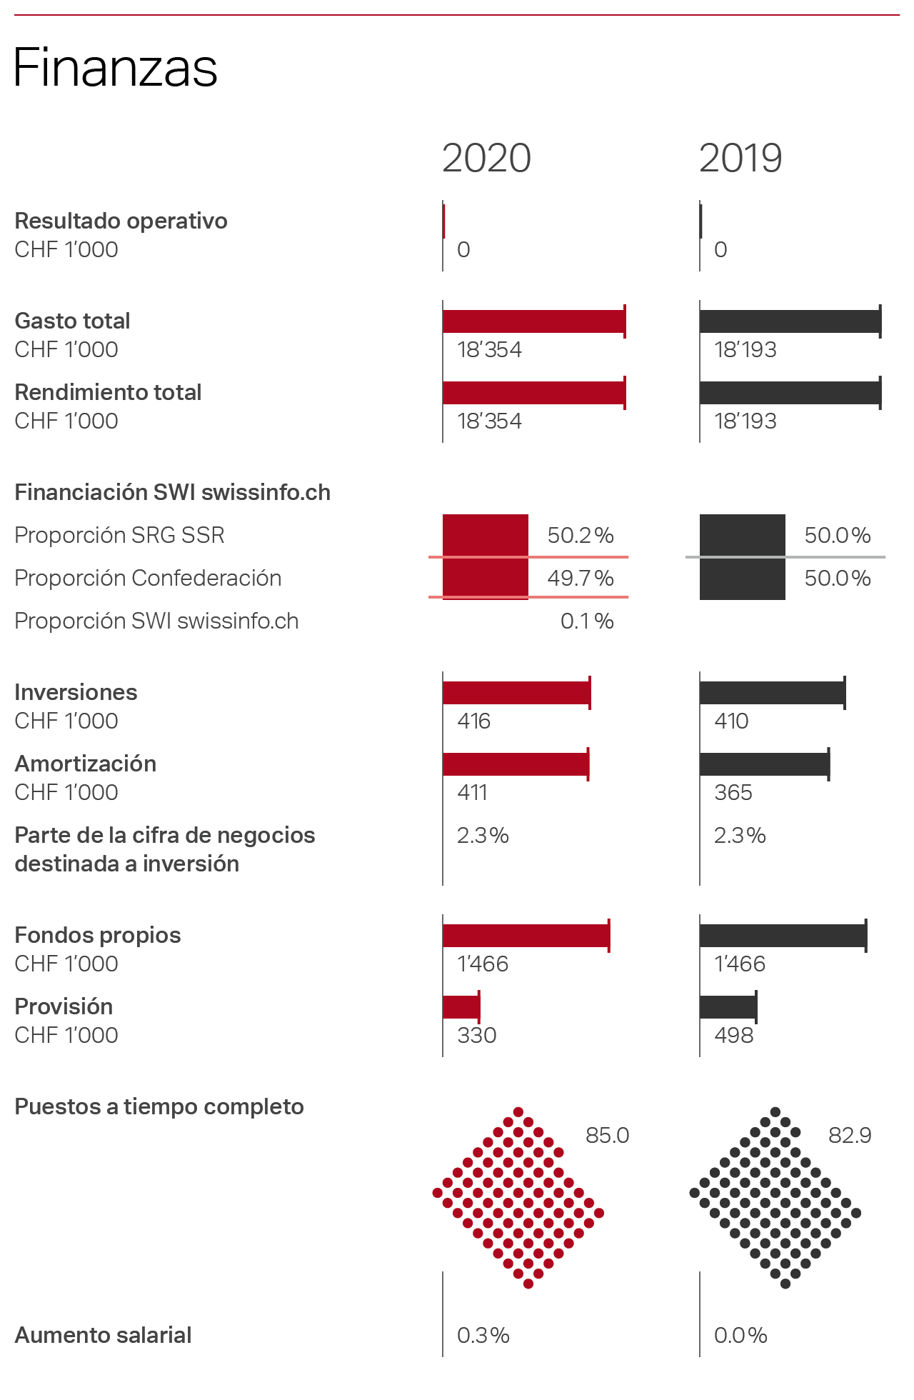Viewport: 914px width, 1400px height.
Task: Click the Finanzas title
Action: coord(115,68)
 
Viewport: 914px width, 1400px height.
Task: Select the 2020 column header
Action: coord(486,158)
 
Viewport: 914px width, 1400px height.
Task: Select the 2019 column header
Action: coord(740,158)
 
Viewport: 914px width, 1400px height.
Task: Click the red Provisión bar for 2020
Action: coord(461,1007)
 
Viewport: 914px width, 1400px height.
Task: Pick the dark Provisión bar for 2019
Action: coord(728,1007)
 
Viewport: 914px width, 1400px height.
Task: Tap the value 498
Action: coord(733,1035)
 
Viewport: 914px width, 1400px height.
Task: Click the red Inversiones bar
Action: coord(516,693)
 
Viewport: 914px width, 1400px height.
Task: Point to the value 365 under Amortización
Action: coord(733,792)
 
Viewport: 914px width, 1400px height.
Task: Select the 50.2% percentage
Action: coord(580,536)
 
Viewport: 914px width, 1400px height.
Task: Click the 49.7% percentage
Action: coord(580,579)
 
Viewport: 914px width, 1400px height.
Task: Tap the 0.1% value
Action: coord(586,621)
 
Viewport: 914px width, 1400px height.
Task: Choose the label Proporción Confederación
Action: coord(148,579)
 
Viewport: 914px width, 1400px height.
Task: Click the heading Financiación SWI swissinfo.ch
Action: coord(172,493)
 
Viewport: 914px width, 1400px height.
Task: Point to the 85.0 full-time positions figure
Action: coord(607,1136)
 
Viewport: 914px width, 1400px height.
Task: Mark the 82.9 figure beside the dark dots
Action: coord(850,1136)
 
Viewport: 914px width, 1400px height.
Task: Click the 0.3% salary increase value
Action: coord(483,1335)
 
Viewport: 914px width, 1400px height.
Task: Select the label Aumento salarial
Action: coord(103,1335)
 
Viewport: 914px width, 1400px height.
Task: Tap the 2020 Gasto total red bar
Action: coord(534,321)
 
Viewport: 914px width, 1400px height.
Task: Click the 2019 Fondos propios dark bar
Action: coord(783,936)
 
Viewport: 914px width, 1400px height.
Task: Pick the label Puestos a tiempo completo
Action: coord(159,1106)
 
